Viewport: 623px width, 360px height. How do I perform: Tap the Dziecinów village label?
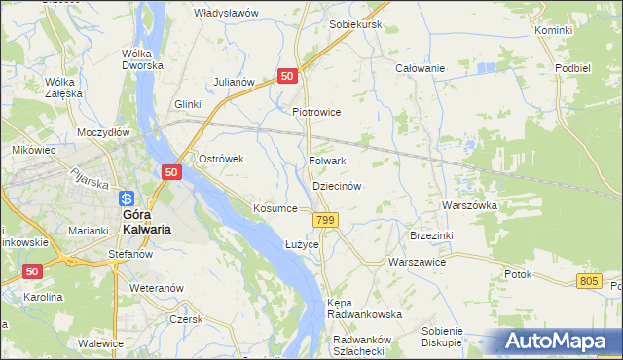coord(337,185)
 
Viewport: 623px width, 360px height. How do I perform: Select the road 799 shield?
coord(326,222)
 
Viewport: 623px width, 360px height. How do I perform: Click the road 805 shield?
coord(588,281)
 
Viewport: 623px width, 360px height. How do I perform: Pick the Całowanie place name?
coord(420,68)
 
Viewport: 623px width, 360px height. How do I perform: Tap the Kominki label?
coord(553,31)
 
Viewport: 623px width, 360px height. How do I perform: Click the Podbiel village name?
coord(572,68)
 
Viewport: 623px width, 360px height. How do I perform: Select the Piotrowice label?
coord(317,112)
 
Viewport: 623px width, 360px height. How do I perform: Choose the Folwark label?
coord(327,161)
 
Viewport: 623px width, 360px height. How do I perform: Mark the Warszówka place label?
coord(469,206)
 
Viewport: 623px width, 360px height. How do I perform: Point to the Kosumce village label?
coord(275,209)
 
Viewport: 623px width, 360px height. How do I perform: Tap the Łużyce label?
coord(302,244)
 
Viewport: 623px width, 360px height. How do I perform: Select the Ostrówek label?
coord(220,159)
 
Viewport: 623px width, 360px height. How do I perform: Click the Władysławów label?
coord(226,13)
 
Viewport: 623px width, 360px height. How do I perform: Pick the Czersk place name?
coord(185,319)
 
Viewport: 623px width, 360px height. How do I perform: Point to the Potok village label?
coord(518,274)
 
